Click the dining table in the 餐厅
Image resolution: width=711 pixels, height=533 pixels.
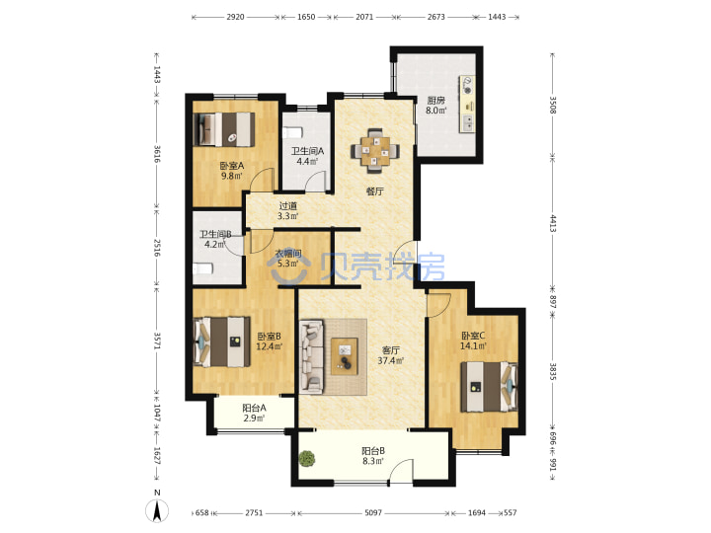tap(375, 150)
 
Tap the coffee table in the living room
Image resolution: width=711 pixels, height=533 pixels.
tap(345, 356)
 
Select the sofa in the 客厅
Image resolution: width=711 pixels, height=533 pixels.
tap(311, 356)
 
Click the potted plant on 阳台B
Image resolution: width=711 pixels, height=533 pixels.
tap(307, 458)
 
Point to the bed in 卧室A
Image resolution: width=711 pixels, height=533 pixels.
tap(223, 129)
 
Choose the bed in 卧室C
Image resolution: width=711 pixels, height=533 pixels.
tap(489, 387)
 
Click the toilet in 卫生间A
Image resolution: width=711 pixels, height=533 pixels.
tap(292, 132)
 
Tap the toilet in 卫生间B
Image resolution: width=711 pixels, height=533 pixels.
tap(202, 268)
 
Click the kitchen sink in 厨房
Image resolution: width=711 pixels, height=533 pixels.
tap(467, 122)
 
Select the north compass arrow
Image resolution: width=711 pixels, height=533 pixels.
tap(157, 511)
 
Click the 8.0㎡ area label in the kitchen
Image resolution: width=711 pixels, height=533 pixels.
tap(435, 111)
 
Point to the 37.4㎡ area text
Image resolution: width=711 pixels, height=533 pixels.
tap(391, 361)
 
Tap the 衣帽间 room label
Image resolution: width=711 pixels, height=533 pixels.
tap(288, 254)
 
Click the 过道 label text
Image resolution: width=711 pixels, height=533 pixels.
tap(288, 205)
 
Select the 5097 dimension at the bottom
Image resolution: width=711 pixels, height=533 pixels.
tap(373, 513)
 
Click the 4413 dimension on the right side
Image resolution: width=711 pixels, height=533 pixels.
tap(553, 224)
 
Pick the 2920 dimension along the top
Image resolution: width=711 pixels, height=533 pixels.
tap(235, 17)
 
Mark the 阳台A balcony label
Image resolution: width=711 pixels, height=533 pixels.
tap(254, 408)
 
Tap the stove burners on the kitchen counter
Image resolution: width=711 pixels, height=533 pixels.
tap(467, 86)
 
